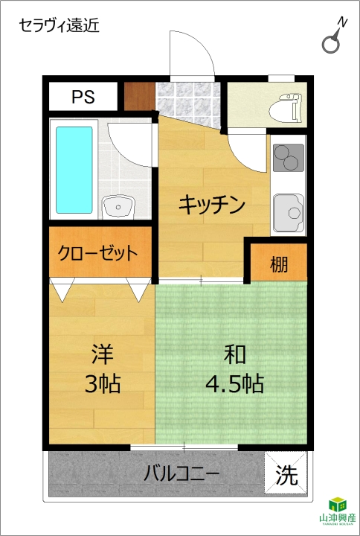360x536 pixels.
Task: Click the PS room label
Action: click(83, 97)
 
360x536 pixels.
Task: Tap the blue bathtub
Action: click(74, 170)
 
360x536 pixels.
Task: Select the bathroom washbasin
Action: click(118, 206)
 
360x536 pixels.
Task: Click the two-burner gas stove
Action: click(289, 158)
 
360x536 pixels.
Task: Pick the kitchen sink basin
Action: click(289, 213)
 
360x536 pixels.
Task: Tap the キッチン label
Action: click(212, 205)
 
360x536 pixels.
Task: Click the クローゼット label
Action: click(97, 253)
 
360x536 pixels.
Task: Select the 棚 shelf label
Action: click(279, 264)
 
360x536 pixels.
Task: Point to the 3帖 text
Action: click(103, 383)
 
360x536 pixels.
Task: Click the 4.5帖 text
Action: click(234, 383)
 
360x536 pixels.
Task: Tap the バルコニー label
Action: click(181, 474)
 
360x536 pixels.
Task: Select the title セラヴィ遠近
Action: click(59, 25)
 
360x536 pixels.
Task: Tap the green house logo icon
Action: click(338, 504)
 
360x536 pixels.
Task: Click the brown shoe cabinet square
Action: click(139, 96)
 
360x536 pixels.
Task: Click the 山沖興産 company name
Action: click(337, 518)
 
